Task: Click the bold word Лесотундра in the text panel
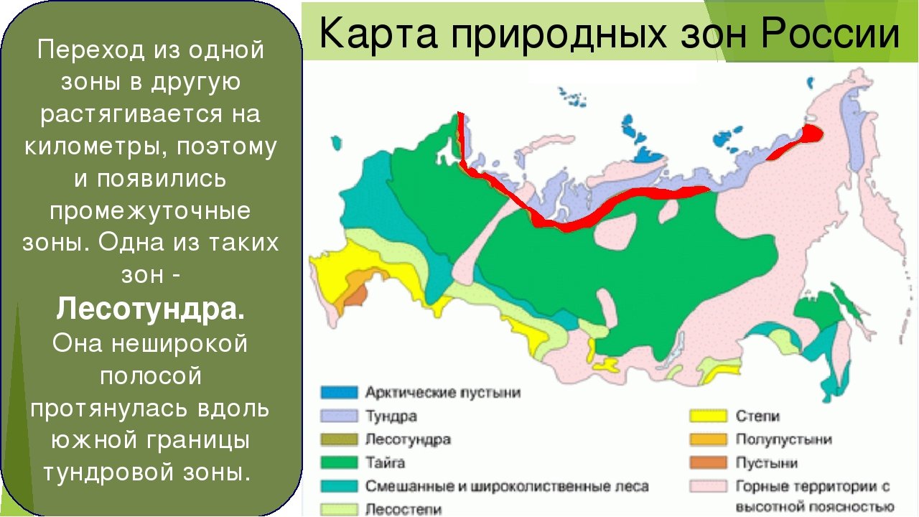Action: [x=151, y=309]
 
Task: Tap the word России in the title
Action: [x=830, y=33]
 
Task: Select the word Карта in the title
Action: [x=378, y=34]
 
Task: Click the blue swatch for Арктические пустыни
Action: [x=339, y=392]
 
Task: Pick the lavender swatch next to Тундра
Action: [x=339, y=416]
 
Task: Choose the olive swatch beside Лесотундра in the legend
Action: [x=339, y=439]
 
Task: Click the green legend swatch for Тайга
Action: [x=339, y=463]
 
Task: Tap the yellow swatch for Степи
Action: [x=708, y=416]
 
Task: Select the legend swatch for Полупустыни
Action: [x=708, y=439]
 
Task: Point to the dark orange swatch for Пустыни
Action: [x=708, y=463]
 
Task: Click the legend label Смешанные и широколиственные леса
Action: [x=507, y=487]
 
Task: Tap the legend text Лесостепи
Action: [x=403, y=510]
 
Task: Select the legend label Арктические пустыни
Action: [x=443, y=393]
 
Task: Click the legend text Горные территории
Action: [x=813, y=487]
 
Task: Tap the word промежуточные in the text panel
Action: [x=150, y=212]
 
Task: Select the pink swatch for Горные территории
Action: [x=708, y=486]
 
